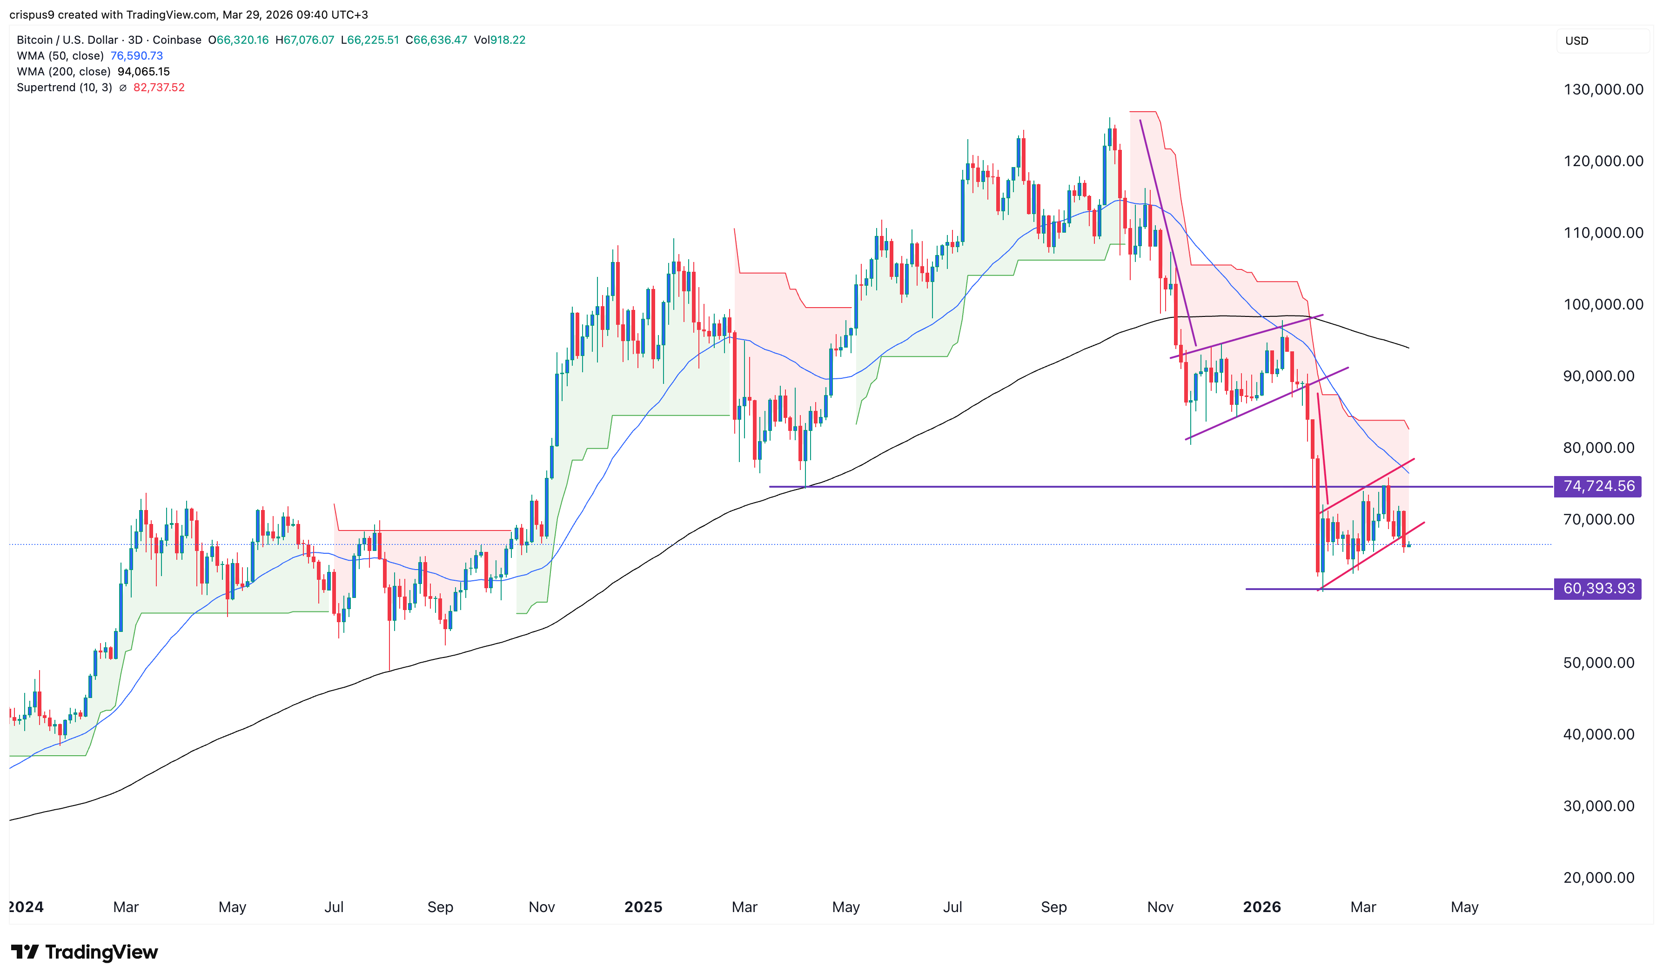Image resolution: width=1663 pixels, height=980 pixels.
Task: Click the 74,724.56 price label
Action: coord(1598,486)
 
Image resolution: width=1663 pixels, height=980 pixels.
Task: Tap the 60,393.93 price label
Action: coord(1598,588)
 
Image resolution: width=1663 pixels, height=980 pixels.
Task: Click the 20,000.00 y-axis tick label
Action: coord(1598,878)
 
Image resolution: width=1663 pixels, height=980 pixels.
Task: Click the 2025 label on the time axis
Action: coord(643,906)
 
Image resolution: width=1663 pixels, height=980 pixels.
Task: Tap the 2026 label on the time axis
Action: coord(1261,906)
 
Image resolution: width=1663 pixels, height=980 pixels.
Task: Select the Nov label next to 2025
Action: coord(541,906)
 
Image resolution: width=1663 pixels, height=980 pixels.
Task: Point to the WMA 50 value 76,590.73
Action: coord(137,55)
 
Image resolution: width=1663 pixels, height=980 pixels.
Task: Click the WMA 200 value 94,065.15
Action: coord(143,71)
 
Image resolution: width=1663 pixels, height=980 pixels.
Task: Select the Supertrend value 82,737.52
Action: coord(159,87)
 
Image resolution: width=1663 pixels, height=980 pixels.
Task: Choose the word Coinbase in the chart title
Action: coord(177,40)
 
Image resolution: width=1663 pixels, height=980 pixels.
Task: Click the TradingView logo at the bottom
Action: coord(85,952)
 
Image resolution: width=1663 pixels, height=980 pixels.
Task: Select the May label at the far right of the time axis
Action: coord(1464,906)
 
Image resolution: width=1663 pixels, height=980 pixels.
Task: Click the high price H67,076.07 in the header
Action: coord(305,40)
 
